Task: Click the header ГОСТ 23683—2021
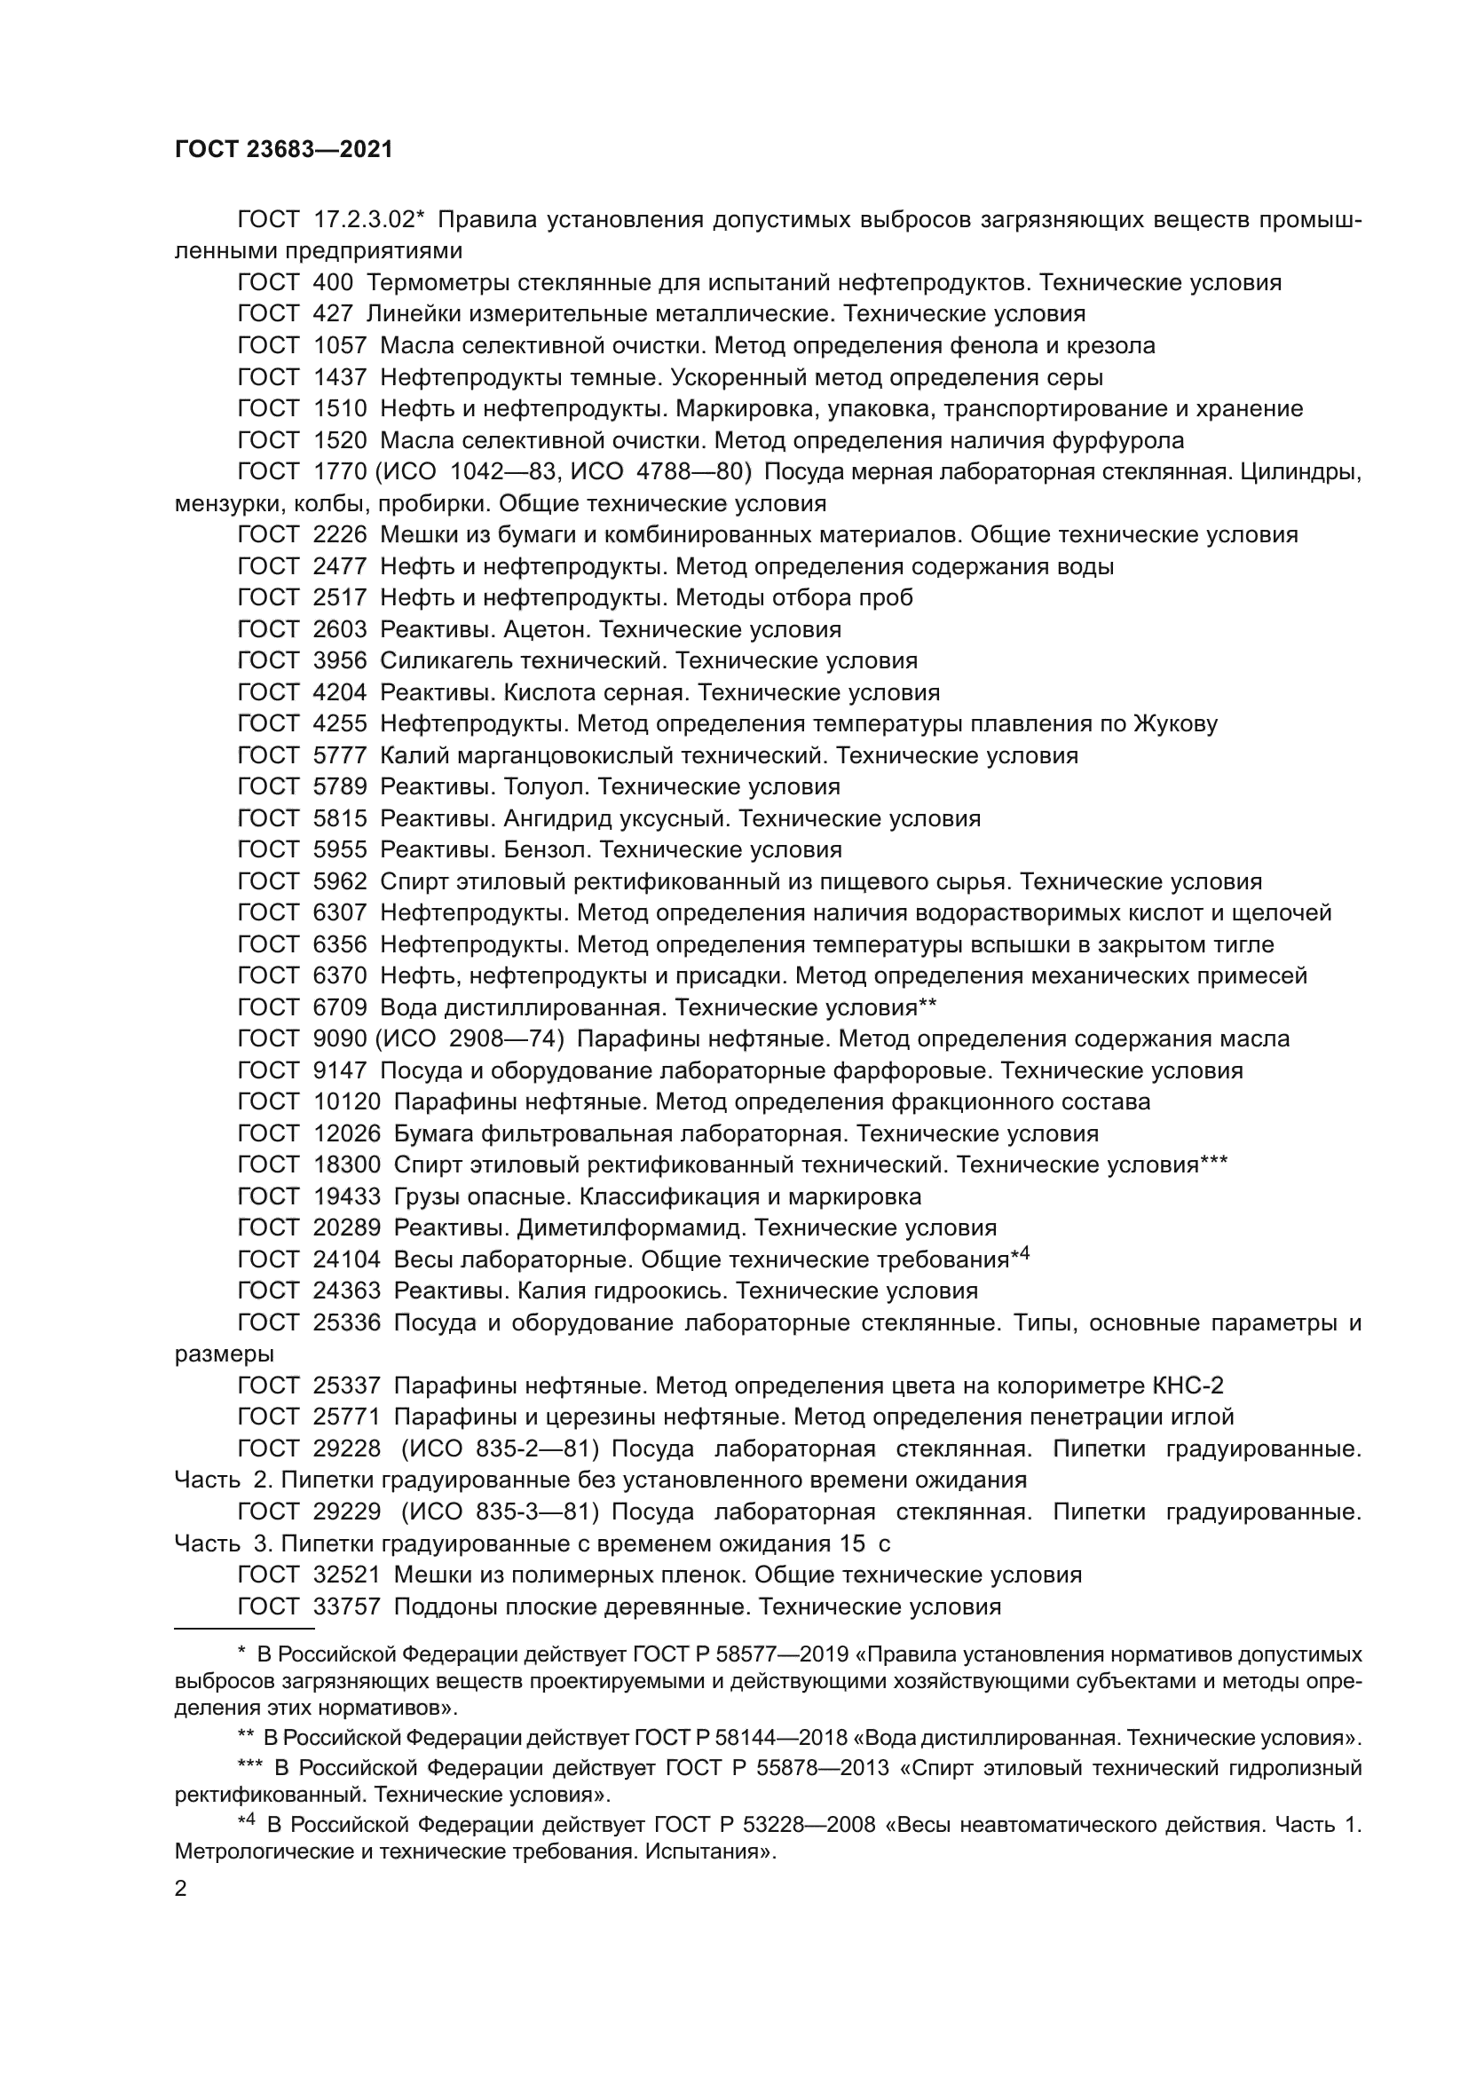point(284,150)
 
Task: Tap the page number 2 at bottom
point(181,1889)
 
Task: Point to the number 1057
point(340,345)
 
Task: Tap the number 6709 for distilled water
point(340,1007)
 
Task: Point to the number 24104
point(347,1259)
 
